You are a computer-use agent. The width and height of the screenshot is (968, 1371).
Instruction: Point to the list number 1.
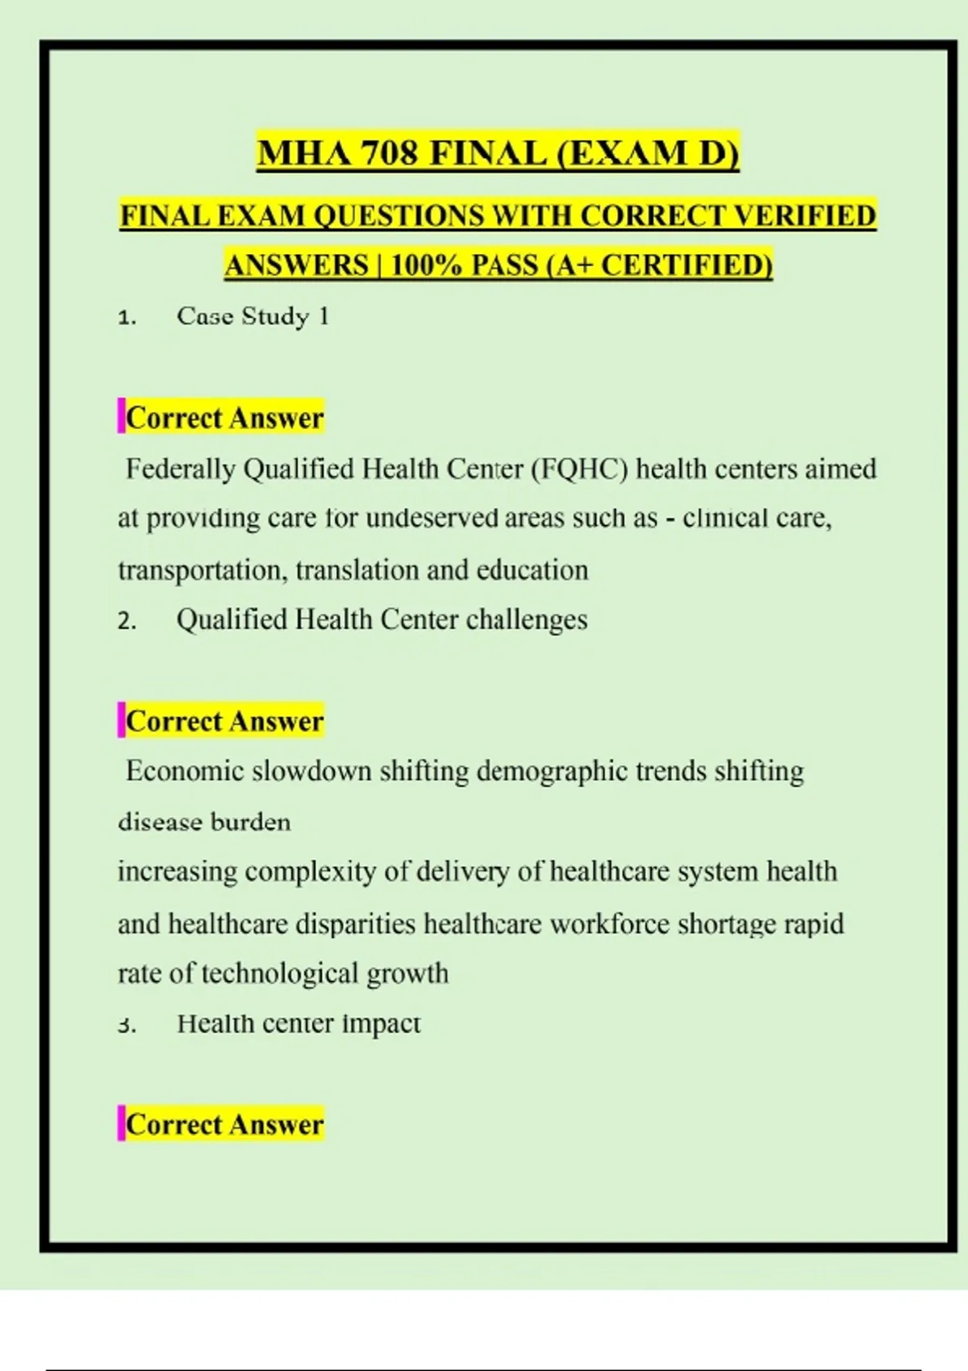[x=126, y=317]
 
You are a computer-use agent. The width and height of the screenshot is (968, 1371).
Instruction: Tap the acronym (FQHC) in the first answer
[x=579, y=469]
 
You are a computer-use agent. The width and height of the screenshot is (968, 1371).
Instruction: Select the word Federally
[x=180, y=469]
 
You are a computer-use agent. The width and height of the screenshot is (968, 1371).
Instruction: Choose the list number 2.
[x=126, y=621]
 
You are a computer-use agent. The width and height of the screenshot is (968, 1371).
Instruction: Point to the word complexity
[x=310, y=872]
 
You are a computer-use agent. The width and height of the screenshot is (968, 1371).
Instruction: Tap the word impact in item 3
[x=382, y=1023]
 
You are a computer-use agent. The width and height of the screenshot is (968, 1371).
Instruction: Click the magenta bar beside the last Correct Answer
[x=121, y=1123]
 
